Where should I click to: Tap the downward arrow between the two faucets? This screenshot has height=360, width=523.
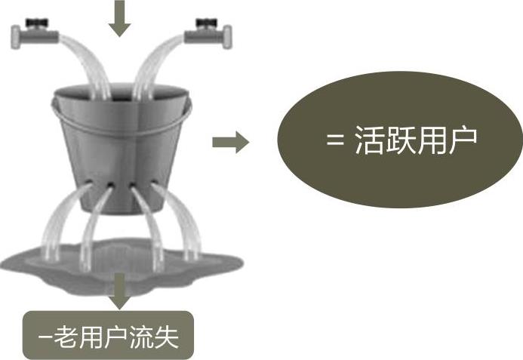(118, 18)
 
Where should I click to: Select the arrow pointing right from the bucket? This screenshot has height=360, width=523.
(230, 142)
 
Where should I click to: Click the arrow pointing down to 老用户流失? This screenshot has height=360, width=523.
(118, 291)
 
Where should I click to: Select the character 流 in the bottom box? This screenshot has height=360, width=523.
(143, 335)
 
